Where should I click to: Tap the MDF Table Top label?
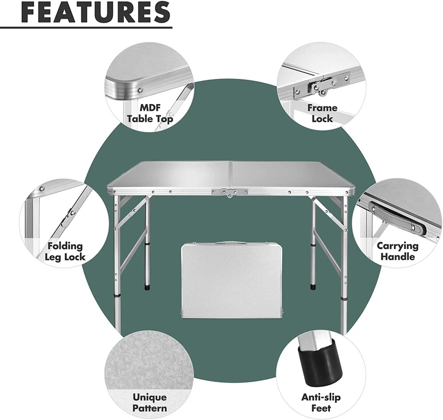150,113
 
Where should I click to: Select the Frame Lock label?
322,113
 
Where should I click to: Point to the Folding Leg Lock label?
65,252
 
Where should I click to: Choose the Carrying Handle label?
397,251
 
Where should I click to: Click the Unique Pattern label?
150,402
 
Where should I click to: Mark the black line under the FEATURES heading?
86,28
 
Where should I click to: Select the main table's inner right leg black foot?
313,286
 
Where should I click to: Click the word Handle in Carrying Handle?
397,257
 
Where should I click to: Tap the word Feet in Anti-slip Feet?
322,408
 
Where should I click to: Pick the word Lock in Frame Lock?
322,119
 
